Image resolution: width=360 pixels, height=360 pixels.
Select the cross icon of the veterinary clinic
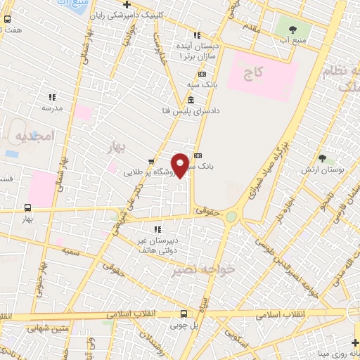click(127, 4)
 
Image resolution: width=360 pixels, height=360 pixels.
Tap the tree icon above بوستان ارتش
click(323, 159)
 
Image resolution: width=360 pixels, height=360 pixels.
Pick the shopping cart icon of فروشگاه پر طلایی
click(150, 161)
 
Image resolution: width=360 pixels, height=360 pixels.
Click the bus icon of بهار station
click(27, 207)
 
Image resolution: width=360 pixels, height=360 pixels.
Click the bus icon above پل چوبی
click(184, 314)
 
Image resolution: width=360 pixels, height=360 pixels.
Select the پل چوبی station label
click(184, 326)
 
